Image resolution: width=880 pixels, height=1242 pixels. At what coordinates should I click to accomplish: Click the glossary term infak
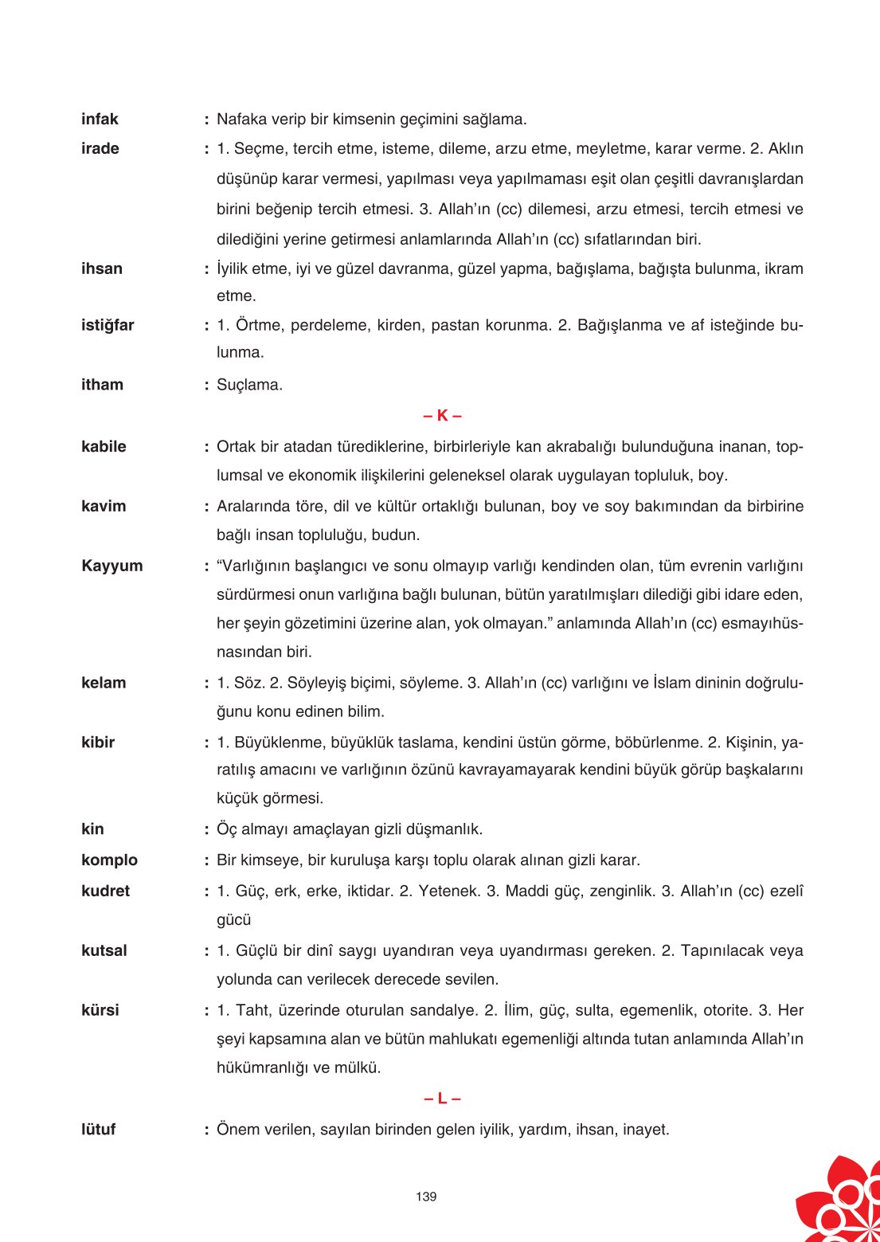point(100,119)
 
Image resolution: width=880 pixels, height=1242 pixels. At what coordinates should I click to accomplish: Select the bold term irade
point(100,149)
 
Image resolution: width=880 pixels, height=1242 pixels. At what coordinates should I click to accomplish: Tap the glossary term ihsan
point(102,268)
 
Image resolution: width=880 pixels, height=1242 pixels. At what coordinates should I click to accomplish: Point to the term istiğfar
point(108,326)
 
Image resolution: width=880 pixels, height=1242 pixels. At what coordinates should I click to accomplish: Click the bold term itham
point(102,385)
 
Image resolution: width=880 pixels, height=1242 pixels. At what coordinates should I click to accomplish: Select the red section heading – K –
point(442,415)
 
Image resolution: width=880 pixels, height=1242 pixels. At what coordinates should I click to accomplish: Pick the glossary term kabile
point(104,447)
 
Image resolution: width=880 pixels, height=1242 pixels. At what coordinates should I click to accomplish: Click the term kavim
point(104,507)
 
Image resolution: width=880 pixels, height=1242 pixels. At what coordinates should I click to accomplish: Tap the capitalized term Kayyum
point(112,566)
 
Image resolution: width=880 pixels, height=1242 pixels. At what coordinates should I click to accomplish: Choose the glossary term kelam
point(104,683)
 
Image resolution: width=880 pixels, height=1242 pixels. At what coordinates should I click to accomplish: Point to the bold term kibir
point(98,742)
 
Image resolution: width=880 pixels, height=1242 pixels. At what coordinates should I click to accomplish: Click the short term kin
point(92,829)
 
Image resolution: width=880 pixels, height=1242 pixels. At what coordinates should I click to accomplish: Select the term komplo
point(109,860)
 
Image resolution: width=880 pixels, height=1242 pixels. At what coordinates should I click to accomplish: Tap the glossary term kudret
point(105,891)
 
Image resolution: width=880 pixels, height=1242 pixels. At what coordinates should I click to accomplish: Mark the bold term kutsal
point(104,950)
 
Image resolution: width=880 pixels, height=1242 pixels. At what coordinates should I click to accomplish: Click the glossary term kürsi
point(100,1010)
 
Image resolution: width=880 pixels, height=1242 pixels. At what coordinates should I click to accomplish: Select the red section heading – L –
point(442,1099)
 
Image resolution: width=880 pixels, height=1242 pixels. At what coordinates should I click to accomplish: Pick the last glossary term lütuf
point(98,1130)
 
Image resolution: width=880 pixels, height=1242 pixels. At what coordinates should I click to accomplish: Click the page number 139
point(426,1197)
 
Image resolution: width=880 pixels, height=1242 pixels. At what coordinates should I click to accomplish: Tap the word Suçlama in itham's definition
point(249,386)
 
